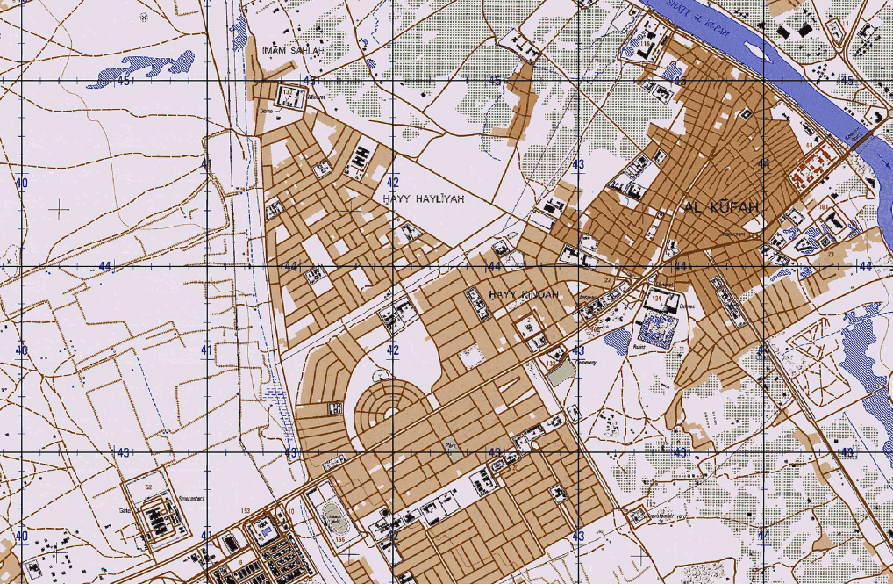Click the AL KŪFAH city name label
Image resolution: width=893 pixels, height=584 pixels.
[x=720, y=207]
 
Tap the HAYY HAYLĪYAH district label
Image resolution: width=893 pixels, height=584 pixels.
[x=422, y=200]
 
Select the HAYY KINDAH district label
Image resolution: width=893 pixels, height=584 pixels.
[x=524, y=294]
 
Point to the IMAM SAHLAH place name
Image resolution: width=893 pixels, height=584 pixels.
[x=293, y=50]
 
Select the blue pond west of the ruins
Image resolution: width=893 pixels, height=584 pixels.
[x=617, y=338]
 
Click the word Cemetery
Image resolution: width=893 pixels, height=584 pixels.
[x=586, y=362]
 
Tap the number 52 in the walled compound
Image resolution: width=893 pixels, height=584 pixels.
[x=148, y=487]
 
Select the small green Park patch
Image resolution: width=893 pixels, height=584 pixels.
[x=451, y=446]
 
